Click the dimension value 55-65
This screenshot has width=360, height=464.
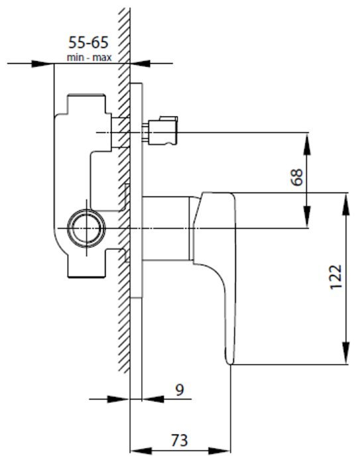click(88, 42)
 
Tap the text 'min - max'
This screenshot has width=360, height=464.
click(89, 58)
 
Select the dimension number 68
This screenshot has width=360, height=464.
click(297, 177)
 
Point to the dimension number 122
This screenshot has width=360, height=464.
click(335, 277)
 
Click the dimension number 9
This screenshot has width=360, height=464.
click(180, 390)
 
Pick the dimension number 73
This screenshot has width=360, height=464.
click(180, 440)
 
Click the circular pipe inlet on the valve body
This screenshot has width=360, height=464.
click(86, 228)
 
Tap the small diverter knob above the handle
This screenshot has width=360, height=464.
click(160, 131)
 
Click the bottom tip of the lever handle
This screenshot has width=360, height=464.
click(229, 363)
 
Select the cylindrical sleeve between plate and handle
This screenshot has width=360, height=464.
click(166, 228)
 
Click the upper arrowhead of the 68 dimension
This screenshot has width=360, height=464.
click(308, 144)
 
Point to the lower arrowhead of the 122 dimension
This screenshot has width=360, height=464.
click(345, 353)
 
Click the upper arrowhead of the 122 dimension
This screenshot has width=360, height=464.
click(345, 204)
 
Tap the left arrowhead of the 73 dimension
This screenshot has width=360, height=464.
click(141, 451)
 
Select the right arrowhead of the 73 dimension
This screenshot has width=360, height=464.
click(219, 451)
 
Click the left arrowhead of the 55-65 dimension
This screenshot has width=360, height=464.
click(42, 64)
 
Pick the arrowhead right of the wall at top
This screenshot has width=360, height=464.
click(141, 64)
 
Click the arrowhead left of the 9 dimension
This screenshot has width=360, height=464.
click(119, 399)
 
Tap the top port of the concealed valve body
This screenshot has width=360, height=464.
click(86, 103)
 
